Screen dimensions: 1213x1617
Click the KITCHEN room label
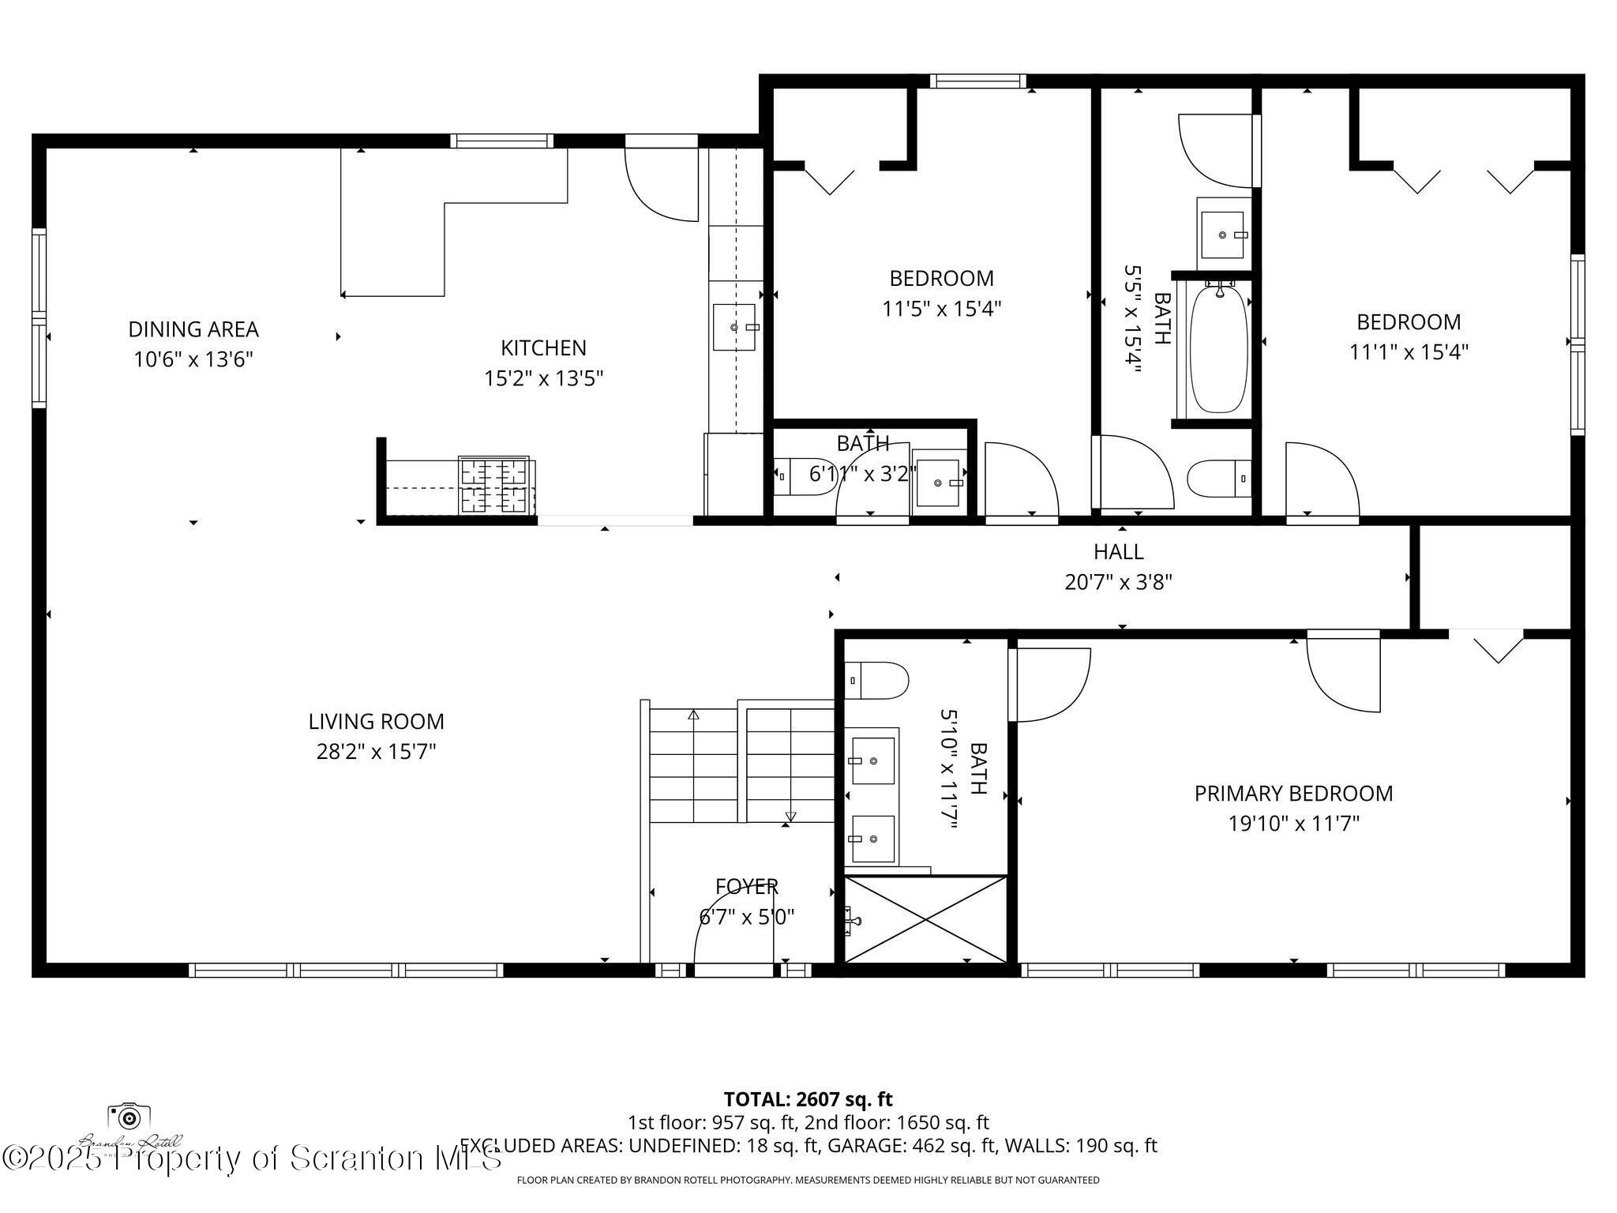pos(543,347)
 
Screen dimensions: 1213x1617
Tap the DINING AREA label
pos(193,329)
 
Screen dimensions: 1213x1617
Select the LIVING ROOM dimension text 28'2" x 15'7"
pos(376,751)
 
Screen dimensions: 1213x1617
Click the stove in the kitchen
pos(494,485)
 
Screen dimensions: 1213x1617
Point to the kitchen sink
pos(734,327)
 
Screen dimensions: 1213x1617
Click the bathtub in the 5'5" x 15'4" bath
pos(1218,348)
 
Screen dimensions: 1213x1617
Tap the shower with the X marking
pos(925,919)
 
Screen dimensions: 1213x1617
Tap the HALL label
pos(1118,551)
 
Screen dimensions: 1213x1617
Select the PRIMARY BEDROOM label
pos(1293,793)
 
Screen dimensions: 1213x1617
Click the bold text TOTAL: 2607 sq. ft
pos(808,1098)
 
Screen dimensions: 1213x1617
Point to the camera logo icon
pos(129,1117)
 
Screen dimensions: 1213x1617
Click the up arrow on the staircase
pos(693,715)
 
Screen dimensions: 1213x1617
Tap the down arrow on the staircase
pos(790,816)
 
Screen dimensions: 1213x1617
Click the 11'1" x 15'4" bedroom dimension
pos(1409,351)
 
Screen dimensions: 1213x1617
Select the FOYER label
pos(747,886)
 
